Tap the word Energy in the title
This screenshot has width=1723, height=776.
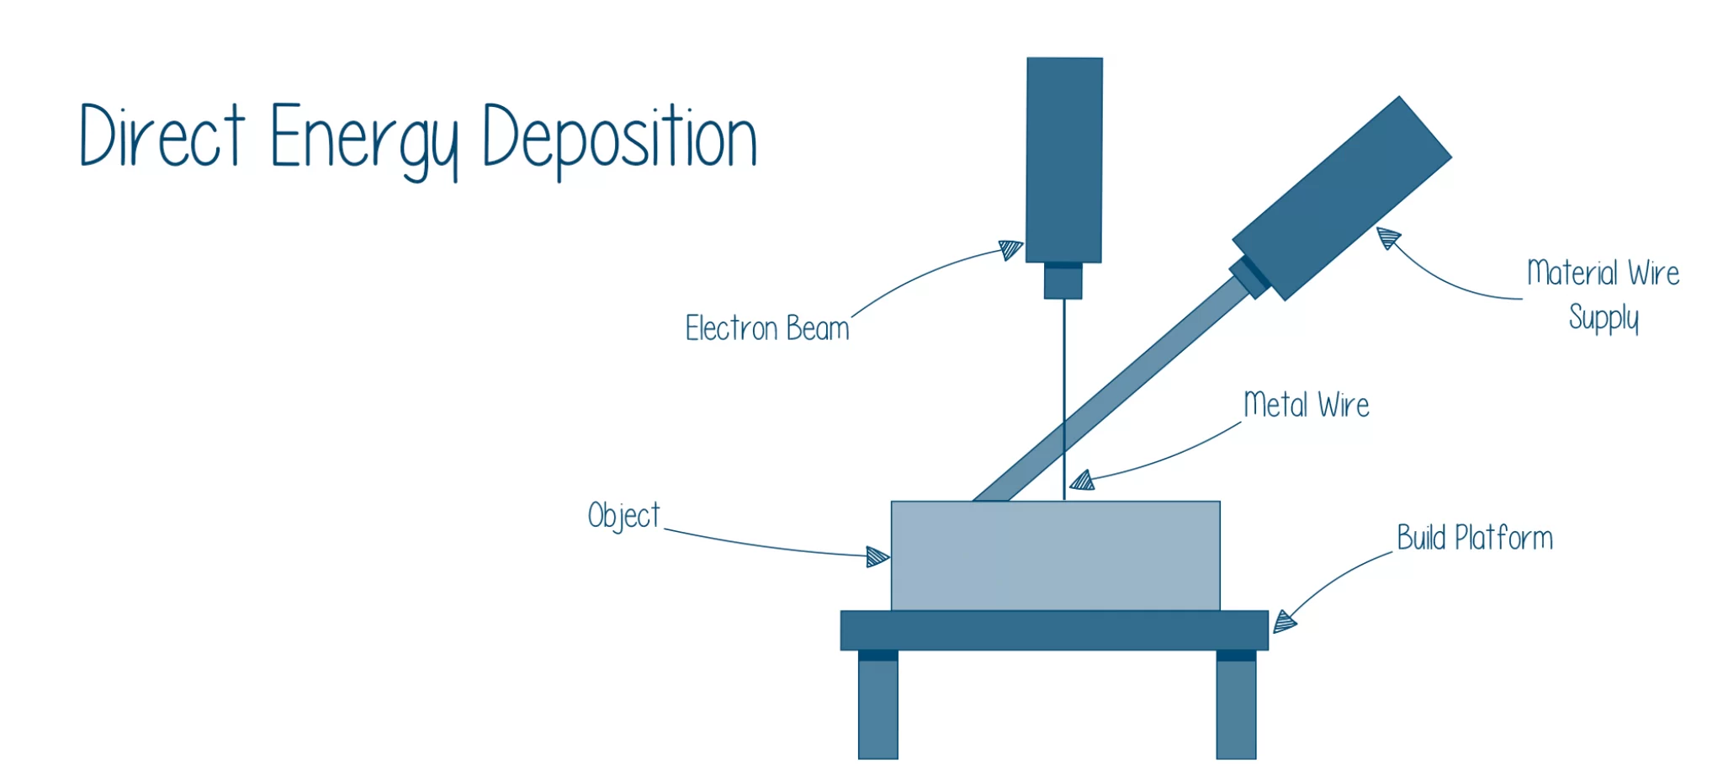coord(364,141)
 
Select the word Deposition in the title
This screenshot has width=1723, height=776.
coord(620,141)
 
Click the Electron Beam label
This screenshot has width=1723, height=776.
coord(767,328)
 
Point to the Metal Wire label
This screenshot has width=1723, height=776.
coord(1307,405)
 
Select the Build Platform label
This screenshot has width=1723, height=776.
coord(1475,538)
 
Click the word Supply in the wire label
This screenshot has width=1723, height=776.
coord(1604,318)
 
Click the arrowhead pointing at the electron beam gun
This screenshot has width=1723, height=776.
coord(1011,250)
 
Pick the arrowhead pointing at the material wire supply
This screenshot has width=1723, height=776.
coord(1388,238)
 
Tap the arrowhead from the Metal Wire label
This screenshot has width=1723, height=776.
coord(1082,481)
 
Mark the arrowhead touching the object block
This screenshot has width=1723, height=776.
coord(877,557)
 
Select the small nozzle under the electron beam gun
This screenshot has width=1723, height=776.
coord(1063,281)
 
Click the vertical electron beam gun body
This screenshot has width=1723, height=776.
coord(1064,160)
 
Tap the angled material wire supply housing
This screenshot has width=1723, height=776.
coord(1342,198)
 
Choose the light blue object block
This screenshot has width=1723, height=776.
coord(1056,555)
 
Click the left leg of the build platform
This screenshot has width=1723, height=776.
coord(878,705)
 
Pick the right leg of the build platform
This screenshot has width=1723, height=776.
coord(1236,705)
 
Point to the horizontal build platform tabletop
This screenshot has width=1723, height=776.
coord(1054,630)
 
